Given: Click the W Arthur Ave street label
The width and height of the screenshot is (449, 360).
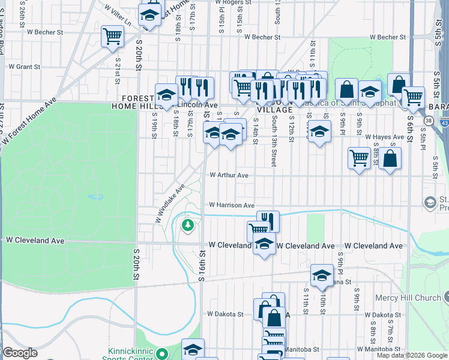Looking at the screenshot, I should tap(229, 175).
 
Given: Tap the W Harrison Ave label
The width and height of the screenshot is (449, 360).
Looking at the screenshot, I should tap(232, 205).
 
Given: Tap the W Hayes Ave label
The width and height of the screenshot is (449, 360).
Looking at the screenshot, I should tap(384, 137).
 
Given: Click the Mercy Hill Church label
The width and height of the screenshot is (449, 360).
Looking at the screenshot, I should tap(408, 298).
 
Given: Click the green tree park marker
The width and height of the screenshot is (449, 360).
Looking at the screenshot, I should tap(188, 225).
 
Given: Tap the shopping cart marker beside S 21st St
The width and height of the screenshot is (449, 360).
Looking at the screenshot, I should tap(112, 37).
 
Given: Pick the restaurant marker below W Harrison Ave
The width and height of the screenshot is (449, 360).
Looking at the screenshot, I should tap(268, 221).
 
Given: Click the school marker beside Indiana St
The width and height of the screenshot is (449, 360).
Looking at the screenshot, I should tap(322, 275).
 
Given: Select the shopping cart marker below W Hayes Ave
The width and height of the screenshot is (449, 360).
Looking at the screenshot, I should tap(359, 158).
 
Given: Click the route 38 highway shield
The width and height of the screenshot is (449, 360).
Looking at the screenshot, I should tap(428, 120).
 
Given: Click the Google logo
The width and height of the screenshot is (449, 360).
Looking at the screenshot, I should tap(20, 353).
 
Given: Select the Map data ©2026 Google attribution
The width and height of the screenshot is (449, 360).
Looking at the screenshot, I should tap(412, 355).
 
